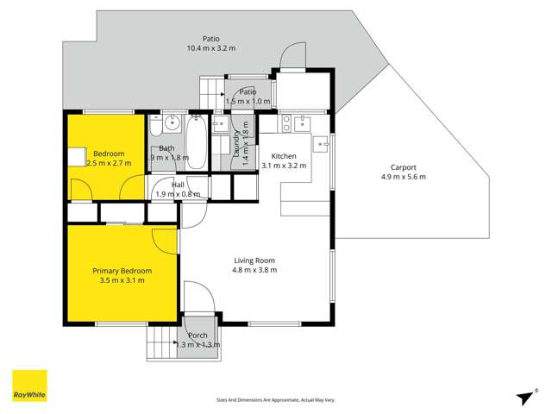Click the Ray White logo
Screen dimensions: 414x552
click(x=29, y=386)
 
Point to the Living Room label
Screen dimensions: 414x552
click(x=254, y=260)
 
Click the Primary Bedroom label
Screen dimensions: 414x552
click(x=122, y=271)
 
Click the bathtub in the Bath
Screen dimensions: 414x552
click(x=196, y=143)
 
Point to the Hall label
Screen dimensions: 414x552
click(x=178, y=185)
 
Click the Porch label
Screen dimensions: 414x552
click(x=198, y=335)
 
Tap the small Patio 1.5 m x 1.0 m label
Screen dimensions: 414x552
click(x=248, y=91)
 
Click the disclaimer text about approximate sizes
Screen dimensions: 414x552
click(x=276, y=399)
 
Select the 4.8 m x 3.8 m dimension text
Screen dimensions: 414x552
click(x=254, y=270)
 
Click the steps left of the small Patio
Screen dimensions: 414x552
click(x=212, y=91)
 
